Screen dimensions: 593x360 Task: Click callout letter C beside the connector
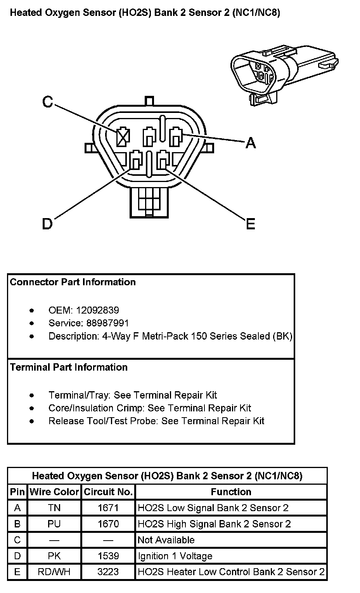[47, 102]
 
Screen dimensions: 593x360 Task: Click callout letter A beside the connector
[251, 143]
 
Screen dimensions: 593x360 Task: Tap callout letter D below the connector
[47, 224]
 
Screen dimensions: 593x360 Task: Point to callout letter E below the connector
[251, 224]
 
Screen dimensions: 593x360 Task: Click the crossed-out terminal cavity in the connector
[123, 137]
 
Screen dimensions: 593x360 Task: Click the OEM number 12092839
[97, 310]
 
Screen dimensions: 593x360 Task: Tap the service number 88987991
[102, 323]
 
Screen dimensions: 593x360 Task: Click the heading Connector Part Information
[73, 282]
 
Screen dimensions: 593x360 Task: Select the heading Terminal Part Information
[69, 367]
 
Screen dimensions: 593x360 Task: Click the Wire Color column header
[54, 492]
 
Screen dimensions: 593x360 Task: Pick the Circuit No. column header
[108, 492]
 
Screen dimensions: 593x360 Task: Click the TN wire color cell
[54, 508]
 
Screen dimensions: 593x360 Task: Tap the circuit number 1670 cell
[108, 524]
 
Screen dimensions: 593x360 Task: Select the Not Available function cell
[166, 540]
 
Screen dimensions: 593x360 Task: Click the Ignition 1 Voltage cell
[175, 556]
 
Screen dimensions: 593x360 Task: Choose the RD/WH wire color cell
[54, 572]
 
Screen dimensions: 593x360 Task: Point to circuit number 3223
[108, 572]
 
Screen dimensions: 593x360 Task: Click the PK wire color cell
[54, 556]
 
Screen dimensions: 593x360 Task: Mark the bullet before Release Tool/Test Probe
[32, 421]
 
